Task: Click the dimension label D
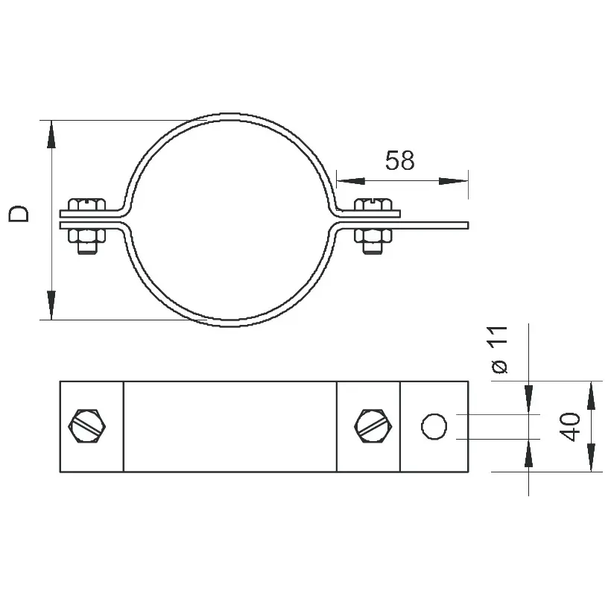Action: (x=19, y=214)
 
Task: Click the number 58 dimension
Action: (x=400, y=160)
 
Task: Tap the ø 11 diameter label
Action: (x=499, y=349)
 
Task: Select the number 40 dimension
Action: (x=570, y=427)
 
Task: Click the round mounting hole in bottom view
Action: (x=434, y=427)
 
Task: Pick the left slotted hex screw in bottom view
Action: (x=87, y=426)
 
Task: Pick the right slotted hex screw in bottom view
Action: (x=373, y=426)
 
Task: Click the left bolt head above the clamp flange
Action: (x=86, y=204)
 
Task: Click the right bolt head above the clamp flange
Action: (x=373, y=204)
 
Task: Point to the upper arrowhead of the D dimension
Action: (x=51, y=134)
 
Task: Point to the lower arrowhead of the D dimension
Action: (x=51, y=305)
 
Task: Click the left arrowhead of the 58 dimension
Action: (x=351, y=181)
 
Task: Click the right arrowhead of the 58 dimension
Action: (x=454, y=181)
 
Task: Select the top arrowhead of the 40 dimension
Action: (x=591, y=396)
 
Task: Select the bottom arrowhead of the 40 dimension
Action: (x=591, y=458)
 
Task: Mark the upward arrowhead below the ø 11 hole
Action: (x=528, y=454)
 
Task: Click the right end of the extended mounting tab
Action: (x=468, y=225)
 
